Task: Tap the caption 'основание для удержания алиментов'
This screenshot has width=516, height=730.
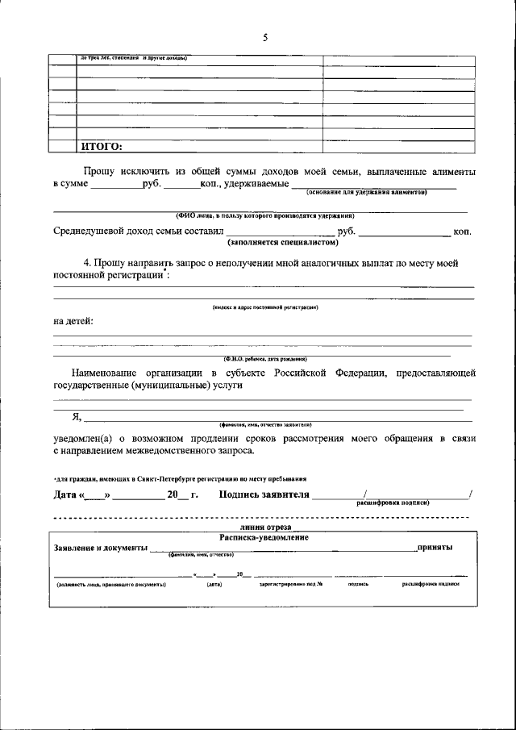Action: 366,192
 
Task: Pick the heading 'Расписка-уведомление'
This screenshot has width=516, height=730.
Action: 264,536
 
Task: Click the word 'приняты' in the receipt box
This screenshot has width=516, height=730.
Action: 434,548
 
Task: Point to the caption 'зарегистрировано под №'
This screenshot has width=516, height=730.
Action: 290,584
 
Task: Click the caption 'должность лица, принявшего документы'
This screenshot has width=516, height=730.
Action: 110,584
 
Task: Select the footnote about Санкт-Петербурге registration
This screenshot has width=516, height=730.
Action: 179,478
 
